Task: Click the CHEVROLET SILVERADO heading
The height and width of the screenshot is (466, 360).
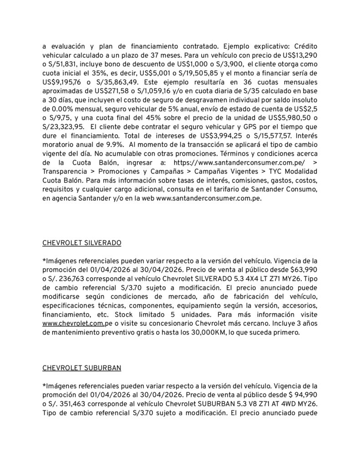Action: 81,243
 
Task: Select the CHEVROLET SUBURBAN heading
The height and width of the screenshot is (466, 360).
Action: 81,368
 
